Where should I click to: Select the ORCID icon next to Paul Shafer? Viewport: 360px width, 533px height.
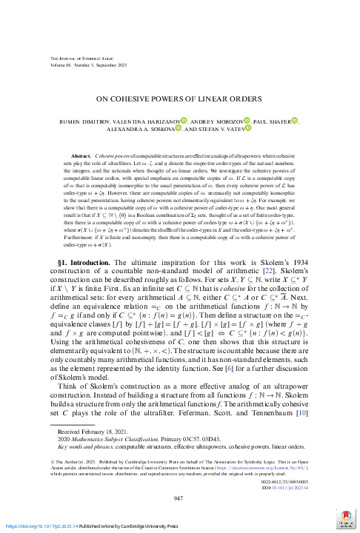tap(293, 121)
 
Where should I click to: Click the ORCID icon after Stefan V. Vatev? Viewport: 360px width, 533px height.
tap(248, 129)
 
